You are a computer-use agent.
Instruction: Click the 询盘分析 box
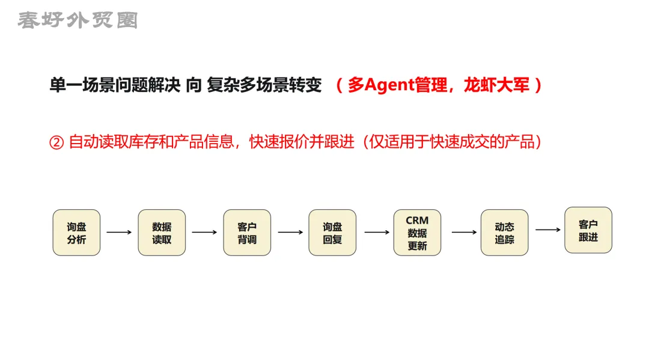pos(76,233)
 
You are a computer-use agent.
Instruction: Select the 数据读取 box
pos(162,233)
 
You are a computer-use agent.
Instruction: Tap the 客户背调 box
pos(247,233)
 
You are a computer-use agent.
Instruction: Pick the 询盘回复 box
pos(332,233)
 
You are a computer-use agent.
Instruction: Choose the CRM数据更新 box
pos(417,233)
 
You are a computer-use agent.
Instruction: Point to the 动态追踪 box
pos(504,233)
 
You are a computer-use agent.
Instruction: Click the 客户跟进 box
pos(588,230)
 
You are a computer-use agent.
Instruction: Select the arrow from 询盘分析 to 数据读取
pos(119,232)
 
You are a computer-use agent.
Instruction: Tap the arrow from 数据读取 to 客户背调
pos(204,232)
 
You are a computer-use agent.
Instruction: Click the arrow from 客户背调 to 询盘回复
pos(290,232)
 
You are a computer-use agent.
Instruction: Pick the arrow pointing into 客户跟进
pos(548,230)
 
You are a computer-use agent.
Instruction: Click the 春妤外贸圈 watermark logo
pos(77,20)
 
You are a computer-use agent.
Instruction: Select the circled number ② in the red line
pos(56,142)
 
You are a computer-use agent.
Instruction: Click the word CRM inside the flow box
pos(417,221)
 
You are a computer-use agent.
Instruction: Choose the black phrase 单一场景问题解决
pos(115,85)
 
